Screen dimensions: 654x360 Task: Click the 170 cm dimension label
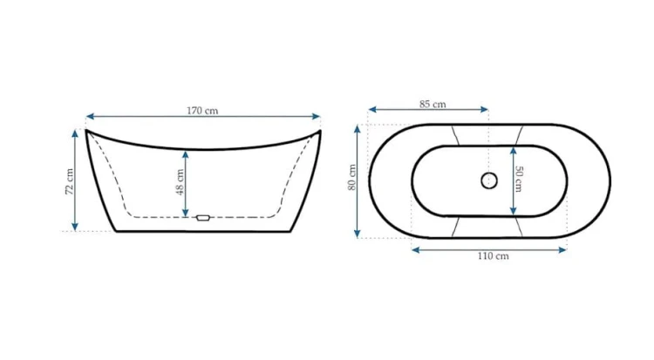pyautogui.click(x=202, y=111)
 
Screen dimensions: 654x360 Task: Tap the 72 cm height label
pyautogui.click(x=70, y=181)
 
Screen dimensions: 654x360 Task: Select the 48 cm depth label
pyautogui.click(x=180, y=182)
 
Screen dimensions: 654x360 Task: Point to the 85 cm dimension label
pyautogui.click(x=433, y=104)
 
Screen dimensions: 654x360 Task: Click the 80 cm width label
pyautogui.click(x=352, y=178)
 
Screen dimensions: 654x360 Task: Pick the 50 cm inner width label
pyautogui.click(x=519, y=179)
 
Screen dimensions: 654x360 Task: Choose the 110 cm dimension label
pyautogui.click(x=494, y=255)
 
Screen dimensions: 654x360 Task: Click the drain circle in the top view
pyautogui.click(x=489, y=180)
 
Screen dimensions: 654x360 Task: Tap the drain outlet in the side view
pyautogui.click(x=202, y=218)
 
